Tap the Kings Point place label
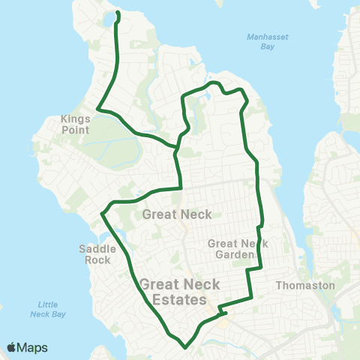coord(76,124)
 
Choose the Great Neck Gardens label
coord(233,248)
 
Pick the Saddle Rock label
coord(94,254)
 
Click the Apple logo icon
coord(12,347)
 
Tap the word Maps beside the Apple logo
coord(32,347)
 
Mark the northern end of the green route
coord(118,12)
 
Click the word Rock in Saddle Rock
coord(94,260)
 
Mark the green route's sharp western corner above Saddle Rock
coord(102,214)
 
